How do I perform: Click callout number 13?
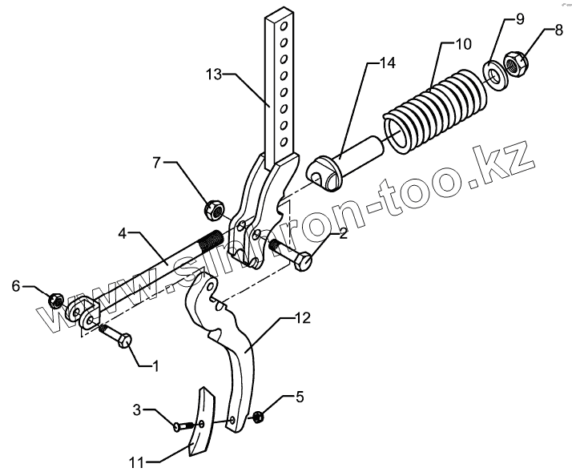pyautogui.click(x=214, y=75)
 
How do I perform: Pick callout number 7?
pyautogui.click(x=158, y=163)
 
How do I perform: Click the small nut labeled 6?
pyautogui.click(x=55, y=301)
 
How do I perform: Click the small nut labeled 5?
pyautogui.click(x=259, y=417)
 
